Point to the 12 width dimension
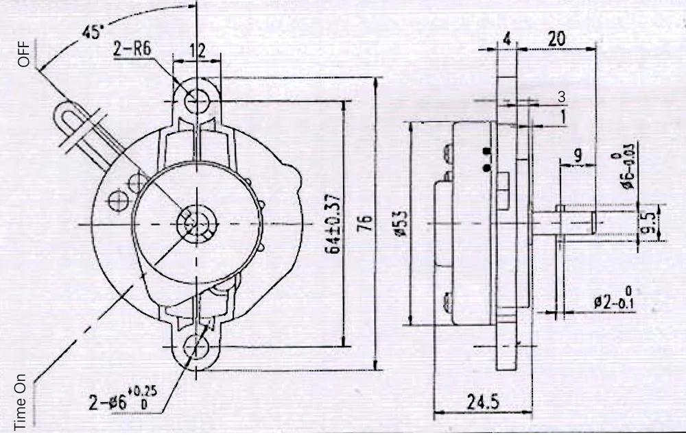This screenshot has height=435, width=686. click(198, 50)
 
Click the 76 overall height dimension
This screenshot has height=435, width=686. click(366, 223)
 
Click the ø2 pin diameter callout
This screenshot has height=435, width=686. click(613, 300)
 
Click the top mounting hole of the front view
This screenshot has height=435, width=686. click(197, 100)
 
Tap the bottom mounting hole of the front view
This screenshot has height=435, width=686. click(197, 346)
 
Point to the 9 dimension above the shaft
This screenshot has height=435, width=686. click(578, 156)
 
